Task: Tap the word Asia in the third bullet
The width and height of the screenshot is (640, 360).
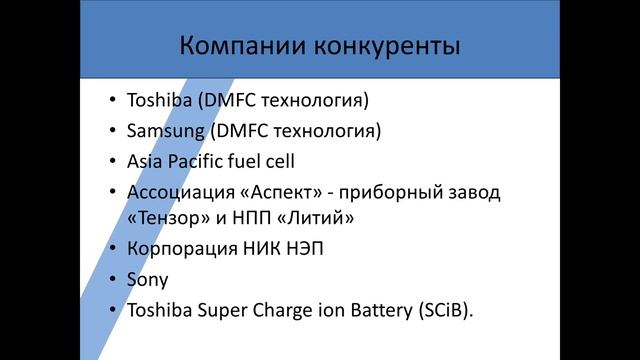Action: (144, 160)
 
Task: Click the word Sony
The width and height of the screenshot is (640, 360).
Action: (147, 280)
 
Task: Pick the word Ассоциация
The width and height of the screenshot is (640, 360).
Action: (178, 190)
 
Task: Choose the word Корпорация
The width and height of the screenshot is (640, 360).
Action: (180, 248)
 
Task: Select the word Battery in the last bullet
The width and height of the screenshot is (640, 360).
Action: (371, 310)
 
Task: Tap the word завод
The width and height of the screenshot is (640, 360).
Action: (471, 190)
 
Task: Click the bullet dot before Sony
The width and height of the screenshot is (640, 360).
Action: (112, 281)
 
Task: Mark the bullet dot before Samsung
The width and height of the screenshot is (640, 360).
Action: (112, 131)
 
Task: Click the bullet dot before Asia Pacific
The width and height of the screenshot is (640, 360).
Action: (112, 161)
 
